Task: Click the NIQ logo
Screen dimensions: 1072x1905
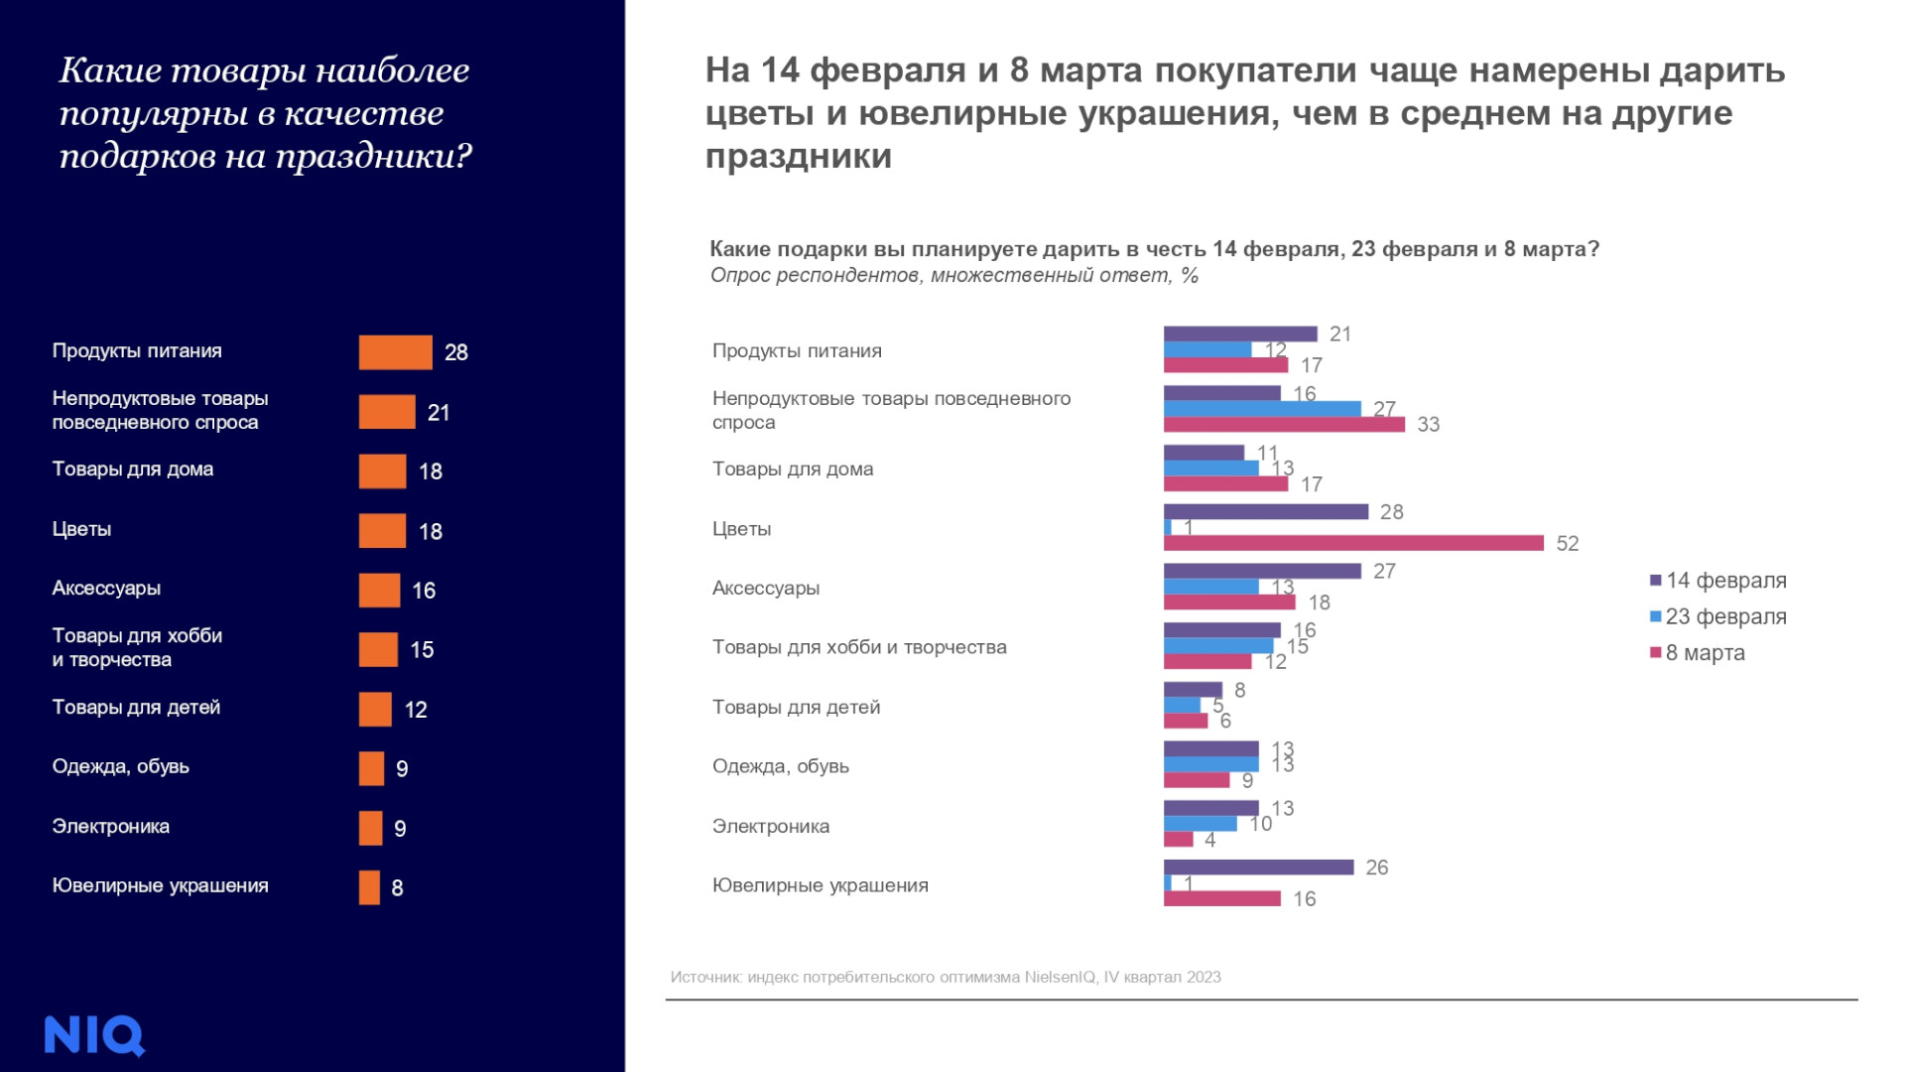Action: point(94,1035)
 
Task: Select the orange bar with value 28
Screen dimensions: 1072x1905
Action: point(395,352)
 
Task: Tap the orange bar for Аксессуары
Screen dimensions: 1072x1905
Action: point(379,591)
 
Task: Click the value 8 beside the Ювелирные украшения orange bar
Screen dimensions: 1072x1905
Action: point(397,888)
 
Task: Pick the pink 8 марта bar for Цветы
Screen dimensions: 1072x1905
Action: point(1353,543)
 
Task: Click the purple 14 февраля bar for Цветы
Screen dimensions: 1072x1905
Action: point(1265,512)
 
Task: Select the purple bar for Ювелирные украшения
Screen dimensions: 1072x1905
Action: point(1258,868)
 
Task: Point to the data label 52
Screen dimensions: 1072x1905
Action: point(1567,544)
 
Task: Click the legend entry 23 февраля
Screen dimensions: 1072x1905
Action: point(1725,616)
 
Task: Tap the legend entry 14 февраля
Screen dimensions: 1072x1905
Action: point(1725,581)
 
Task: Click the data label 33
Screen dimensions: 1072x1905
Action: point(1428,425)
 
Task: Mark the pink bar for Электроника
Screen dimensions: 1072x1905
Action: point(1178,840)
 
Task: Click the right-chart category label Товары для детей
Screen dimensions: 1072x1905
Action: point(796,708)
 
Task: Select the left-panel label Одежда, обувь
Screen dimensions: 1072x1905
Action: point(120,767)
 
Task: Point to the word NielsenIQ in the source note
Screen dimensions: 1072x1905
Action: point(1060,978)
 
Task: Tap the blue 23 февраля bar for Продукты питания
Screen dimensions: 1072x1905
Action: point(1206,349)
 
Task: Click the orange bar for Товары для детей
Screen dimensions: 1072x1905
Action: point(375,710)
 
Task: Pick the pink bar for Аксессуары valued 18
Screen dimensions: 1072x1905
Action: point(1229,603)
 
